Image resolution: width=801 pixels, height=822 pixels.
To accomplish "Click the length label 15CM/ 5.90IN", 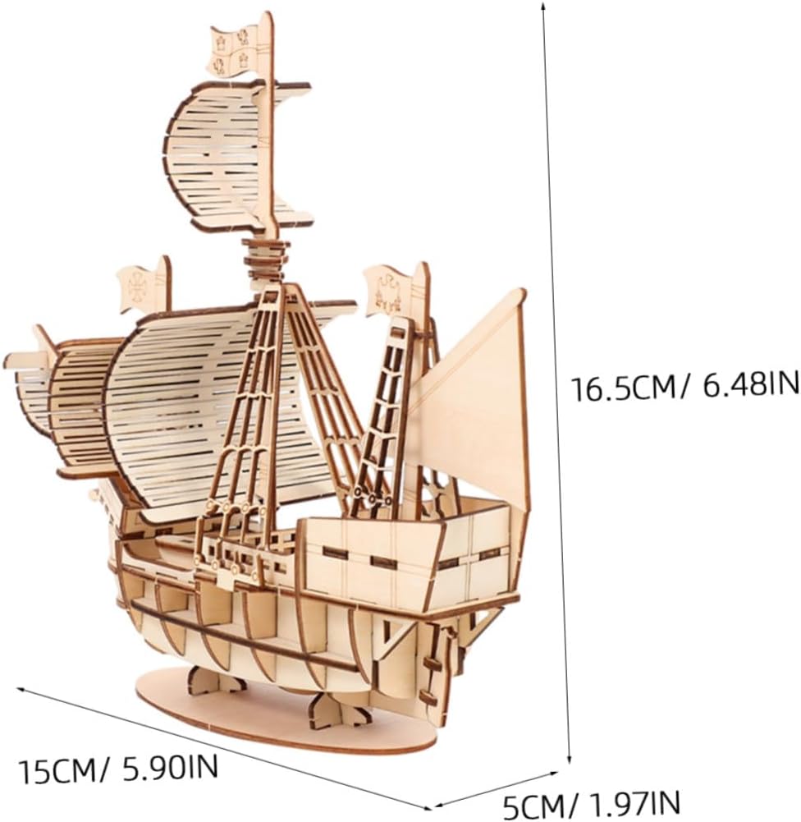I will [120, 770].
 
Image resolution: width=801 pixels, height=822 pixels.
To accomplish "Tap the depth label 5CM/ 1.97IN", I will [590, 803].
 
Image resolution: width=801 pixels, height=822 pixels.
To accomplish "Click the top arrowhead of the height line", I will [543, 6].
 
